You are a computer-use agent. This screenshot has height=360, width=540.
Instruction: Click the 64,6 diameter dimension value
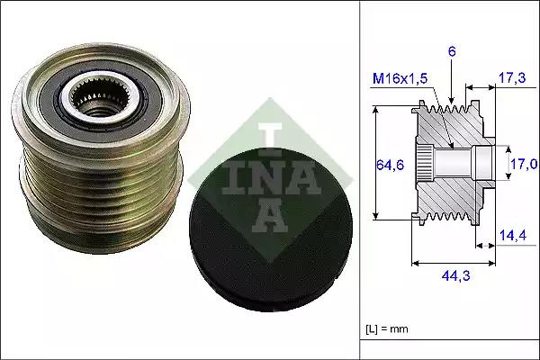[390, 166]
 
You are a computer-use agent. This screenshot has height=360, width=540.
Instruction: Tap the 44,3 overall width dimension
[455, 275]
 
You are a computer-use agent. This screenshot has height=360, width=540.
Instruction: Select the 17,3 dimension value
[512, 78]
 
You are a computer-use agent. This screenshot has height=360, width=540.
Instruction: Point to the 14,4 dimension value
[513, 235]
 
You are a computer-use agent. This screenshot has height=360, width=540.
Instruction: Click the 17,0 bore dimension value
[524, 164]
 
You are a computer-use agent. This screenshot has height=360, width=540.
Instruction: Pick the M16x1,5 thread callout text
[400, 79]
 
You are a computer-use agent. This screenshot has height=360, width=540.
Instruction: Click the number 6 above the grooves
[452, 51]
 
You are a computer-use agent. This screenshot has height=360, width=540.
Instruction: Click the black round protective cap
[271, 230]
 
